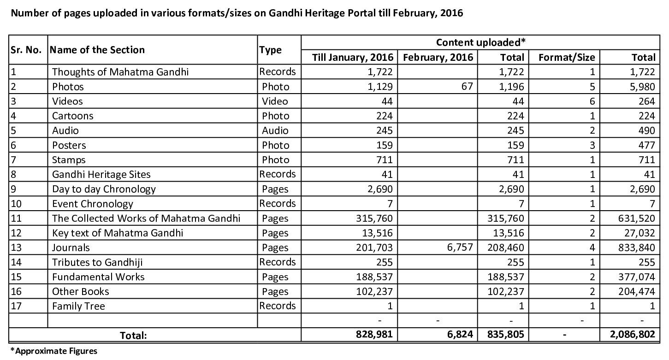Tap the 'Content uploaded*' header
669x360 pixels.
[481, 42]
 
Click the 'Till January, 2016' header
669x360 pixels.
[353, 57]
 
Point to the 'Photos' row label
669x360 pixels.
[68, 87]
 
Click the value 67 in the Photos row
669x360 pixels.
[467, 87]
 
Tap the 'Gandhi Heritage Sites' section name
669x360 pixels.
[101, 174]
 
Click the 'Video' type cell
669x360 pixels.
[275, 101]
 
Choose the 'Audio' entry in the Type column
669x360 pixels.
[275, 130]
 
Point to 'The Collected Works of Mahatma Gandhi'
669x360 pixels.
[146, 218]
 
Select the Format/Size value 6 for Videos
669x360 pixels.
[592, 101]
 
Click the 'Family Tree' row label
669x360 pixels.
[78, 306]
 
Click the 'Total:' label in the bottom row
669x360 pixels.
[133, 336]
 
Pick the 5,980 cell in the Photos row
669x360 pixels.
[641, 87]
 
